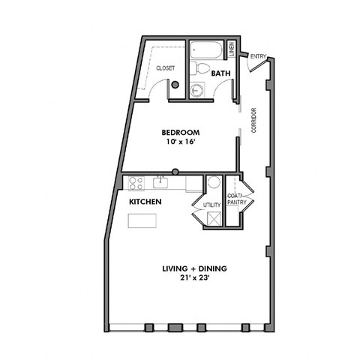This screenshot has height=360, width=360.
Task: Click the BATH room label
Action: (220, 73)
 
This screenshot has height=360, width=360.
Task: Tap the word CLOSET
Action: (165, 68)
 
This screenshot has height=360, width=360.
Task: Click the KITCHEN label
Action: (145, 202)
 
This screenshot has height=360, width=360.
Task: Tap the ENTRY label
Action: (259, 56)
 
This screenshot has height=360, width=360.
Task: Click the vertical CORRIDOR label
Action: (254, 121)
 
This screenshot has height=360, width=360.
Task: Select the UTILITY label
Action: (211, 204)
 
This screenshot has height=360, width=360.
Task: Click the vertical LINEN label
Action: (232, 49)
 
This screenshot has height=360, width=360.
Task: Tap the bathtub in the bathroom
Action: (206, 51)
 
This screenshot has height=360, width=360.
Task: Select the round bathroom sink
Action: (197, 91)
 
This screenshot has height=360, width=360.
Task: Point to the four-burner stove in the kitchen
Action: (136, 183)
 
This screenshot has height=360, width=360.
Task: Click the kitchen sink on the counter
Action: (160, 182)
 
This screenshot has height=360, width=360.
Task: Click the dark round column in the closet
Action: (175, 85)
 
